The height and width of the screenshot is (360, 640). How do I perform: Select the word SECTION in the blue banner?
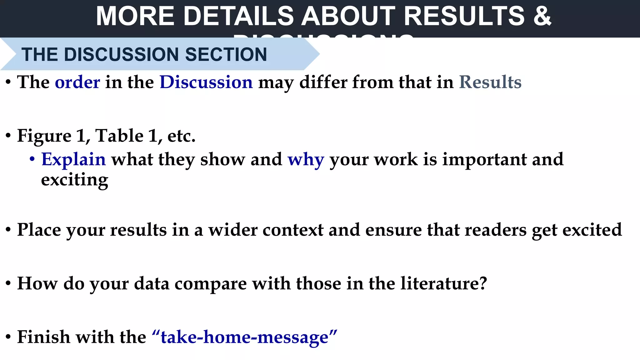pos(226,54)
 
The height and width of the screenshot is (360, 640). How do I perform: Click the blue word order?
pos(77,82)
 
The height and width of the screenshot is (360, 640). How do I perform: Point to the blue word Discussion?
pos(206,82)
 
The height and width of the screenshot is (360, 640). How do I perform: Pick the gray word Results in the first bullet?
pos(490,82)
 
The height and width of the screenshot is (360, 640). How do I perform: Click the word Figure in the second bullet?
pos(44,136)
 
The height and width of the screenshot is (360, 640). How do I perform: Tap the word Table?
pos(119,136)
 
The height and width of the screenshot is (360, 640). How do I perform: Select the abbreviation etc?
pos(181,136)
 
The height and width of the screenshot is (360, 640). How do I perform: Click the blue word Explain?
pos(73,159)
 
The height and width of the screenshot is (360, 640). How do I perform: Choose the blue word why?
pos(306,159)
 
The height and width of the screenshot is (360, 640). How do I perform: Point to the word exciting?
pos(74,180)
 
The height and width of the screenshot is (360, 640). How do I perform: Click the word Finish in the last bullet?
pos(43,337)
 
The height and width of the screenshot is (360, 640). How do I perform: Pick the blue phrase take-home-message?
pos(244,337)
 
